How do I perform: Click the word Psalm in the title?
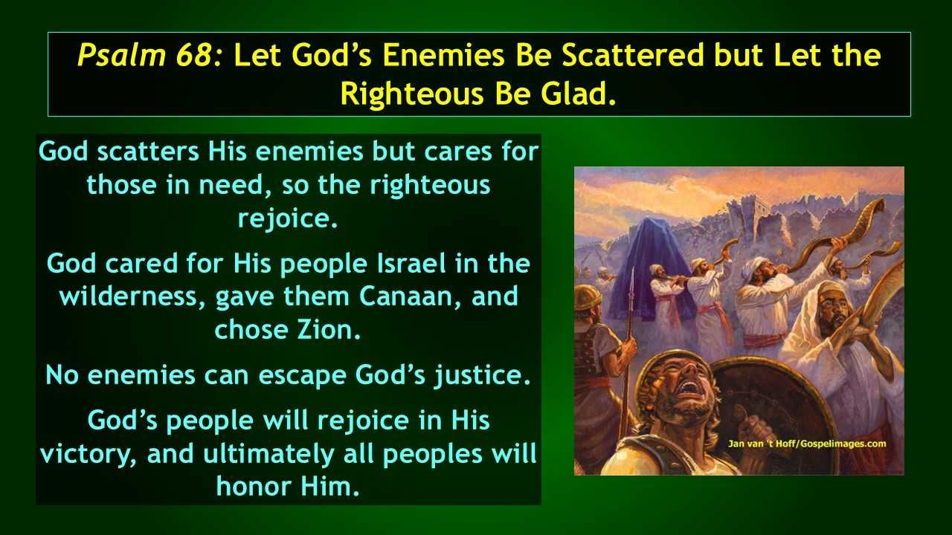(x=120, y=56)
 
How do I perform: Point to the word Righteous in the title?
(x=412, y=94)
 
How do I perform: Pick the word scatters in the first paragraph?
(x=148, y=152)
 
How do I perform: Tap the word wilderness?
(x=129, y=296)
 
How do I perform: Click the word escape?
(x=302, y=376)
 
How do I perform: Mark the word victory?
(x=89, y=454)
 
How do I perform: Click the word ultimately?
(x=268, y=454)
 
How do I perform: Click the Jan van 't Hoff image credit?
(x=807, y=444)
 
